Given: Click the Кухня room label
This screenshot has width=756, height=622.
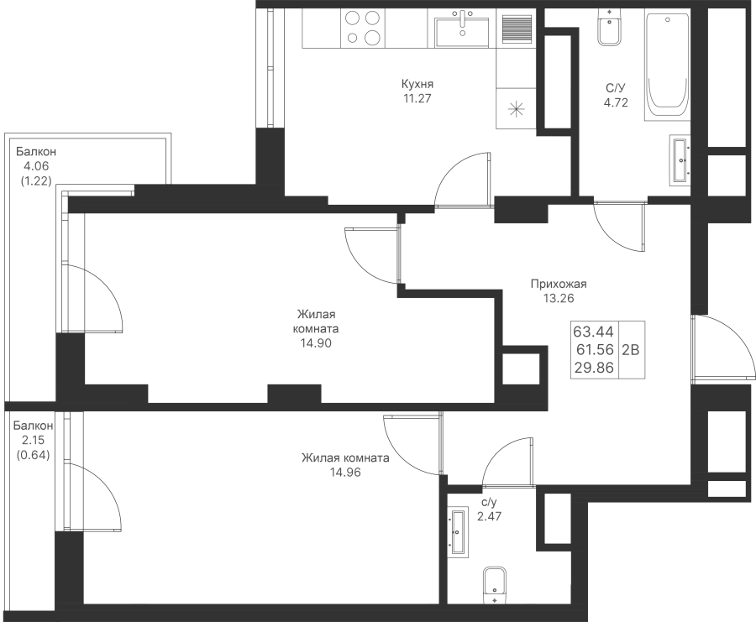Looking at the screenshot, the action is coord(417,84).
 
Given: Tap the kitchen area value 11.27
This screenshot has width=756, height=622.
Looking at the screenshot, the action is coord(417,99).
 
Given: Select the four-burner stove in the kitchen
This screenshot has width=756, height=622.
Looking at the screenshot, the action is coord(364,28).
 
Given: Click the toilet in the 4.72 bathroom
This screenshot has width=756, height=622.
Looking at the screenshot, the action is coord(610,28).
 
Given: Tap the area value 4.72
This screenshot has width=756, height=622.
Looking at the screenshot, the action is coord(617,102).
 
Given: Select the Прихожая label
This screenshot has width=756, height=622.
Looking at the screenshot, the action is coord(559,284).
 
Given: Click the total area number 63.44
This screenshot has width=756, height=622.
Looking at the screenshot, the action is coord(593,332).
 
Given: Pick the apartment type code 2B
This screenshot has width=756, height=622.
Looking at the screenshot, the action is coord(631,349).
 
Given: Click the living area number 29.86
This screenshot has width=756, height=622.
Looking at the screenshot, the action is coord(594,368).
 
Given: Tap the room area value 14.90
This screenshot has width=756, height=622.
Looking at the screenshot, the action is coord(316,343).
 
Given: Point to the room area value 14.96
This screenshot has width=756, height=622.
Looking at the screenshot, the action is coord(345,472).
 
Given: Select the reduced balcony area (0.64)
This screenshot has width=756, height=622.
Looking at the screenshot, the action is coord(34,454).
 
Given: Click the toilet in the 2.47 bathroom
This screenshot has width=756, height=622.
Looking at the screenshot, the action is coord(495,585).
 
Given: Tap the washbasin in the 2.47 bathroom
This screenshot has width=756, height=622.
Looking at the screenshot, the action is coord(458,532).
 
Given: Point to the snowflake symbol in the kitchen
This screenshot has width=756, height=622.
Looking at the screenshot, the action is coord(516,109).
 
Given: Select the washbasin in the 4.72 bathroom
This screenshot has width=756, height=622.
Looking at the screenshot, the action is coord(680,160).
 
